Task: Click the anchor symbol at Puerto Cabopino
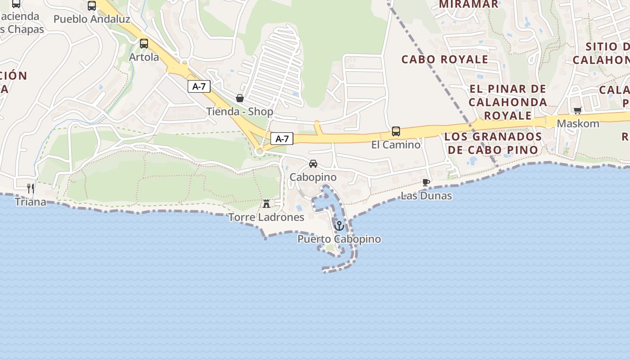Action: point(339,225)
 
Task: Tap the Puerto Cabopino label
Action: point(339,239)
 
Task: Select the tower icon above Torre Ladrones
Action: point(266,204)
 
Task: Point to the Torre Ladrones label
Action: point(266,217)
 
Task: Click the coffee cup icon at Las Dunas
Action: point(426,182)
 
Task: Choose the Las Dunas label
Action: point(426,196)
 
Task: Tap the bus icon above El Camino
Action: point(396,131)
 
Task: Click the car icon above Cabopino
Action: point(313,164)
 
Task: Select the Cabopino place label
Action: point(313,177)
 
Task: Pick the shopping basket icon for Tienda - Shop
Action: point(240,98)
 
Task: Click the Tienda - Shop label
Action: point(240,112)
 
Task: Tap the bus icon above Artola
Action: point(144,44)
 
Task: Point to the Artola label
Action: point(144,57)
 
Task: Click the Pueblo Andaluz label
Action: point(92,19)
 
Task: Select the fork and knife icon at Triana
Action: point(31,188)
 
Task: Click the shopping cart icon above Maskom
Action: point(578,110)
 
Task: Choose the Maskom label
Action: point(578,123)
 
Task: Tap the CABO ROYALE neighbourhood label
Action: point(445,59)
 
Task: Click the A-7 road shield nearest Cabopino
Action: point(282,139)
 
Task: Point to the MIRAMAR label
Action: point(468,4)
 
